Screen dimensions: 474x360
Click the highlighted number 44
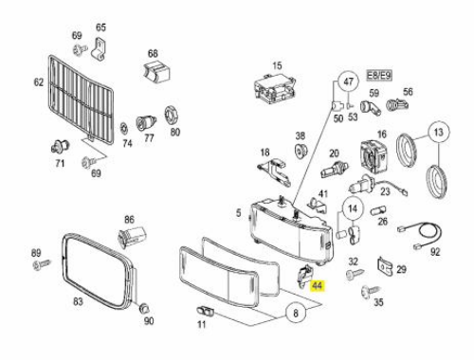click(x=317, y=286)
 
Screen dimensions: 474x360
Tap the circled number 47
click(x=348, y=81)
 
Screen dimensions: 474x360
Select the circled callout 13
click(x=439, y=132)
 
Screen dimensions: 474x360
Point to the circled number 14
click(x=352, y=208)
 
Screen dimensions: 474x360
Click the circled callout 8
click(x=296, y=313)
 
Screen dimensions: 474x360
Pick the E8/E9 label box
click(x=379, y=76)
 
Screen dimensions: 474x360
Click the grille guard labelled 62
click(x=81, y=99)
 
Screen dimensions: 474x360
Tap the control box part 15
click(x=275, y=88)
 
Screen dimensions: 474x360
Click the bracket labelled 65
click(x=99, y=48)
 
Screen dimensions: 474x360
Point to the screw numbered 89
click(x=42, y=264)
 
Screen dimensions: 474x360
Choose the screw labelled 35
click(x=371, y=291)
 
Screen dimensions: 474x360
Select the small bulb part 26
click(x=378, y=210)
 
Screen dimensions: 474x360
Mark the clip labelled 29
click(x=384, y=266)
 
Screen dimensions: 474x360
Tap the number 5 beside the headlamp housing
click(x=238, y=212)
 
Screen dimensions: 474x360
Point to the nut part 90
click(x=144, y=308)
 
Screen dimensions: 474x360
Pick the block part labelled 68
click(x=156, y=72)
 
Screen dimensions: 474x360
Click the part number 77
click(x=149, y=138)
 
